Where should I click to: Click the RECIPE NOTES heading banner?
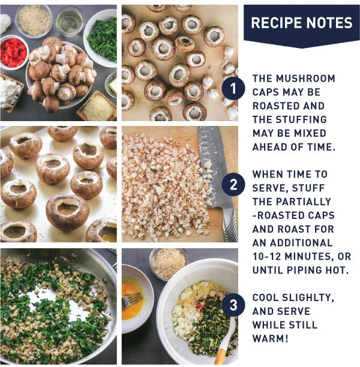(301, 23)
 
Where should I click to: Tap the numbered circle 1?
(232, 91)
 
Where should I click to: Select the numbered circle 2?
(233, 186)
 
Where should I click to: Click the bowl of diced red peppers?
(13, 50)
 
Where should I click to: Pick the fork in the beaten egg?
(133, 297)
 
